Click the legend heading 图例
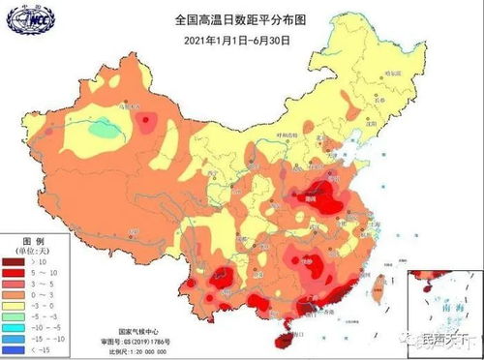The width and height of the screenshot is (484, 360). tap(20, 238)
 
